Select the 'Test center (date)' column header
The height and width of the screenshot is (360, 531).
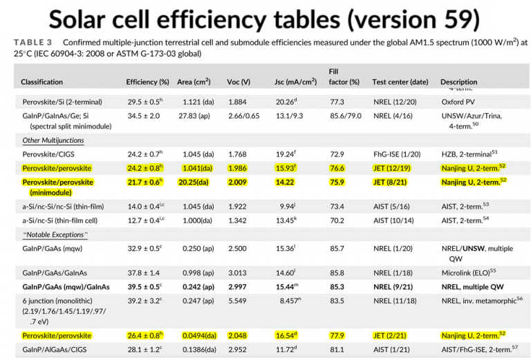pyautogui.click(x=400, y=82)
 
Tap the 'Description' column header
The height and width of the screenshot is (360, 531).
pyautogui.click(x=458, y=82)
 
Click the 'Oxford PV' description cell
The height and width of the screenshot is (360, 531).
pyautogui.click(x=458, y=102)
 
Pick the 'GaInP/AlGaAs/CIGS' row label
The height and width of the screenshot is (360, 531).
pyautogui.click(x=55, y=350)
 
